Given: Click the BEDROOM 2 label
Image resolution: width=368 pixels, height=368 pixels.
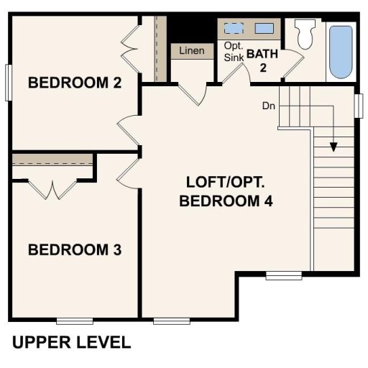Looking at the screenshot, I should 74,83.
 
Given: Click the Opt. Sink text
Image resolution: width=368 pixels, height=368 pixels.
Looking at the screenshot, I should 234,52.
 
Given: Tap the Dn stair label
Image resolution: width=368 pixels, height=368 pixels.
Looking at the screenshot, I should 269,106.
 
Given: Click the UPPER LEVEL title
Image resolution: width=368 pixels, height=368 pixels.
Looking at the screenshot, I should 71,341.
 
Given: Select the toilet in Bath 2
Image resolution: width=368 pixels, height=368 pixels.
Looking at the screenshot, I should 305,34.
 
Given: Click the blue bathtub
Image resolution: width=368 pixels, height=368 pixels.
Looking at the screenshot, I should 341,52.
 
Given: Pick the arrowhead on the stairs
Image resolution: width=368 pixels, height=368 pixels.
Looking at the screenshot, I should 333,147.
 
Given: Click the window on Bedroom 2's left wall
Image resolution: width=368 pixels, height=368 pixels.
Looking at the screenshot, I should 8,83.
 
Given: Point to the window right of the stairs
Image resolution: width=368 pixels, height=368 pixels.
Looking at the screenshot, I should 359,104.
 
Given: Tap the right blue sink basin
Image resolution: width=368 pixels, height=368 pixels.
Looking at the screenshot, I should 264,29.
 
